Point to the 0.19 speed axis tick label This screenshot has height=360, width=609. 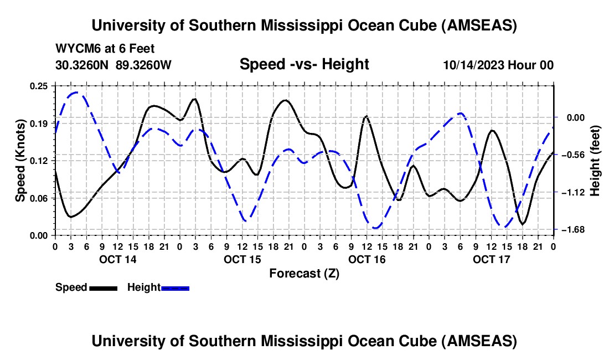[39, 123]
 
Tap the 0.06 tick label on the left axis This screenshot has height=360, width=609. [39, 198]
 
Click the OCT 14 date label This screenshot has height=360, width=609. [117, 259]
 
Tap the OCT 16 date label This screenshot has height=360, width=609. [367, 259]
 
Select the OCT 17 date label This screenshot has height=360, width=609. [491, 259]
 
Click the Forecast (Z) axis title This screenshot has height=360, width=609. [304, 273]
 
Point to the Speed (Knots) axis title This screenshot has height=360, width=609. [20, 160]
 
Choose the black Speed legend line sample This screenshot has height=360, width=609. [103, 287]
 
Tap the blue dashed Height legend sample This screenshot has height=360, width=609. [175, 287]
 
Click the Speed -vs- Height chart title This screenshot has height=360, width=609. [304, 64]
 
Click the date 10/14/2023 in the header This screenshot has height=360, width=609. [471, 65]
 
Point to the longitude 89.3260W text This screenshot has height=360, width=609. [143, 65]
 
